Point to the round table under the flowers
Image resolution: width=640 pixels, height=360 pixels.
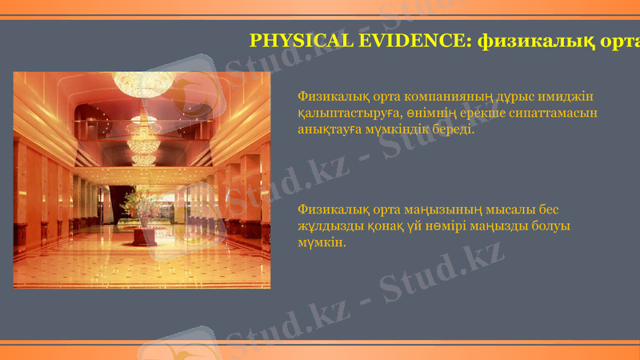[x=145, y=236]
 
